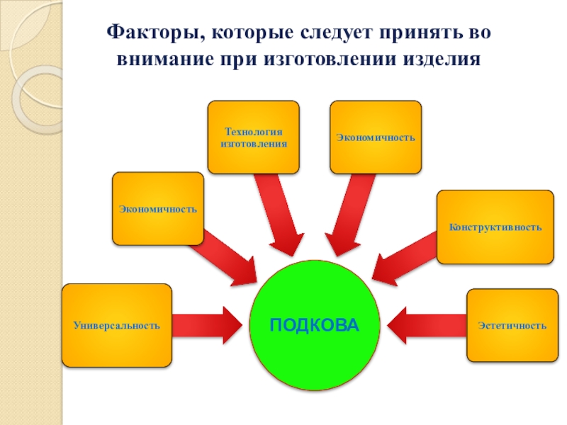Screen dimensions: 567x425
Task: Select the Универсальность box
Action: point(117,325)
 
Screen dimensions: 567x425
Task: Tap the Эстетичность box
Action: point(512,325)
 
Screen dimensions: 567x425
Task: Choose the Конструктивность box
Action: point(495,227)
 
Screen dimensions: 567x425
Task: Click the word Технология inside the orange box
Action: point(253,132)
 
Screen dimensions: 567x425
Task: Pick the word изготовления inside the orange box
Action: point(253,142)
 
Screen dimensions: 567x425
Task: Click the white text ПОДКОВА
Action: point(315,325)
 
